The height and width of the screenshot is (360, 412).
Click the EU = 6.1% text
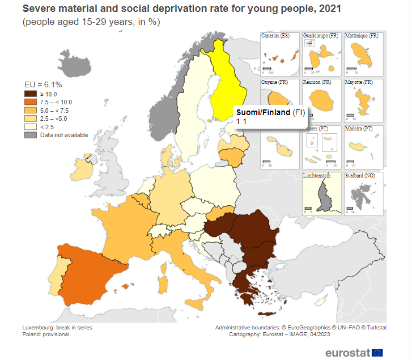click(43, 84)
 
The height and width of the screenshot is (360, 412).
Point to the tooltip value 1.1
click(241, 122)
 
